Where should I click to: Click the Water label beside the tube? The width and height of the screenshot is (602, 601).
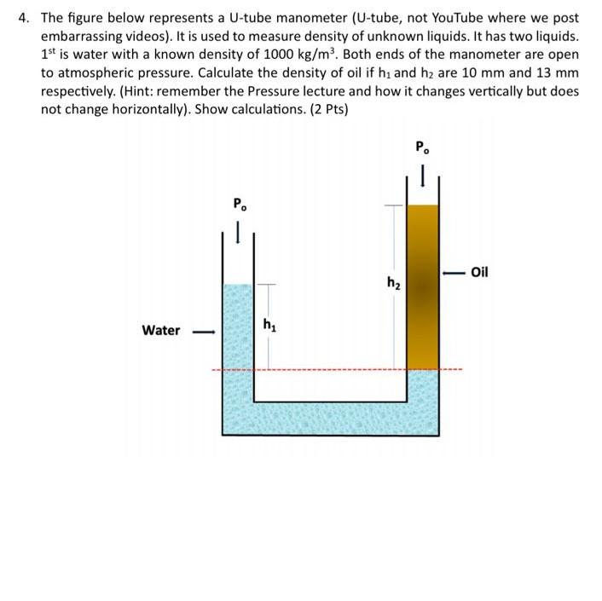pos(160,330)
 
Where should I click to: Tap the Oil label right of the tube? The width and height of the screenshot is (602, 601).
pos(479,272)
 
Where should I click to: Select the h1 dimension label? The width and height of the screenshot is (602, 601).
pos(269,324)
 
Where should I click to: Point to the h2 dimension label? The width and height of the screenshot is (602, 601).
pos(392,281)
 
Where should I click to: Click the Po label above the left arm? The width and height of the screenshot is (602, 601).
pos(241,204)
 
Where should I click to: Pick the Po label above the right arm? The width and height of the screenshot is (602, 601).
pos(423,146)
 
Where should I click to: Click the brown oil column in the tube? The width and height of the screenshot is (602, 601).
pos(423,286)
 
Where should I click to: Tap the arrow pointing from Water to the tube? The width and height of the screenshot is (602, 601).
pos(201,331)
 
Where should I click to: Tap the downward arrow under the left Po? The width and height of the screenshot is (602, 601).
pos(240,229)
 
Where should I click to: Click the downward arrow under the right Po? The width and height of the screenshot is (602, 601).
pos(423,175)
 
